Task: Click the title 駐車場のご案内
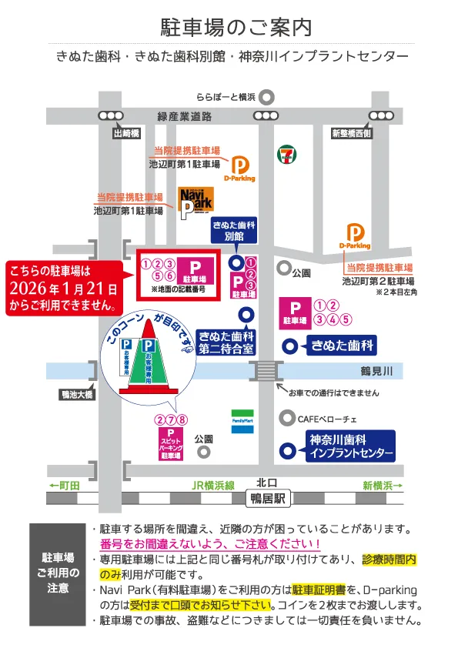tap(236, 28)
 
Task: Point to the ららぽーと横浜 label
tap(226, 97)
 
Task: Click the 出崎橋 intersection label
tap(125, 133)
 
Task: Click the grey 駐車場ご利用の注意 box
tap(58, 572)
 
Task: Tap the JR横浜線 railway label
tap(213, 486)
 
